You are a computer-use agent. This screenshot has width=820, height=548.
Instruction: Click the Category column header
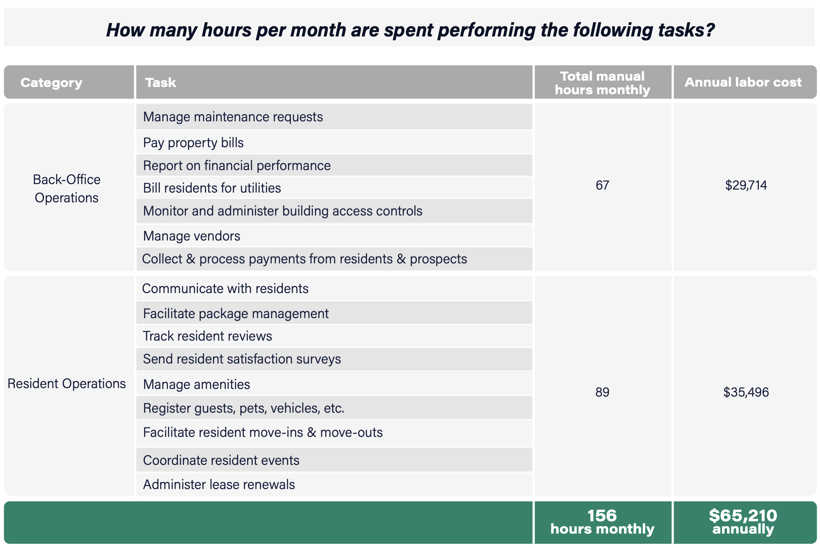pyautogui.click(x=51, y=82)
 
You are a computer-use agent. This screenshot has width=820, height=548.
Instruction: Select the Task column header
pyautogui.click(x=160, y=82)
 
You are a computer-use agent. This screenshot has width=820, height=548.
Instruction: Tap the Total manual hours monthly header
pyautogui.click(x=602, y=83)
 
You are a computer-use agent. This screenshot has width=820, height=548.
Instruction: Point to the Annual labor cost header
pyautogui.click(x=743, y=82)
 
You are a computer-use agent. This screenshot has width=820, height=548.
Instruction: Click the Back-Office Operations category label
pyautogui.click(x=67, y=188)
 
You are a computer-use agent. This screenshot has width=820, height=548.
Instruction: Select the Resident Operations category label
pyautogui.click(x=67, y=383)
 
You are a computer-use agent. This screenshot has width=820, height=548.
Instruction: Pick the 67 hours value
pyautogui.click(x=602, y=185)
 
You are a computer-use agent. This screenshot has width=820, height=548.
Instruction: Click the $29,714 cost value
pyautogui.click(x=746, y=185)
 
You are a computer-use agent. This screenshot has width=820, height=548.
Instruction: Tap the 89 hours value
pyautogui.click(x=602, y=392)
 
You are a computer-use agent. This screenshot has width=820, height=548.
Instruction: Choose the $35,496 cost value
pyautogui.click(x=746, y=392)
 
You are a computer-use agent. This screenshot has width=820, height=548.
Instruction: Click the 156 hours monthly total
pyautogui.click(x=602, y=522)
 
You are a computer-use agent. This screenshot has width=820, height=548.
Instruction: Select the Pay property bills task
pyautogui.click(x=193, y=143)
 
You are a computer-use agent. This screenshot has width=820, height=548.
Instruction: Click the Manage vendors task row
pyautogui.click(x=192, y=236)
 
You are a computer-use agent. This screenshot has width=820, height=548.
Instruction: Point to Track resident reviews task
pyautogui.click(x=207, y=336)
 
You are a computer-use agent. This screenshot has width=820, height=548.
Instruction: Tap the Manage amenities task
pyautogui.click(x=196, y=384)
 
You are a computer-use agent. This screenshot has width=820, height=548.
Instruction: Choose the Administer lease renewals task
pyautogui.click(x=219, y=484)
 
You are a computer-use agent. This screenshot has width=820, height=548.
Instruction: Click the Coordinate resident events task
pyautogui.click(x=221, y=460)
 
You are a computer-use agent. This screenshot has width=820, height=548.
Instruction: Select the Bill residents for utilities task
pyautogui.click(x=212, y=188)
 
